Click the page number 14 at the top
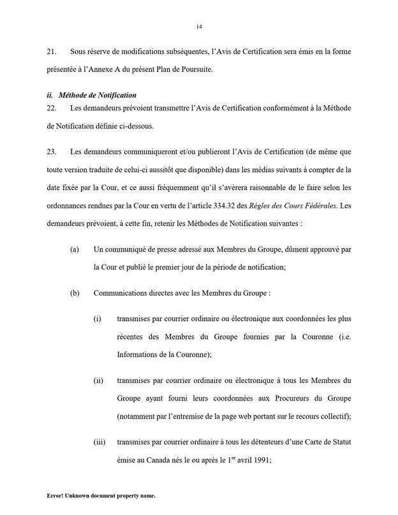(x=199, y=26)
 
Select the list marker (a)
(x=75, y=252)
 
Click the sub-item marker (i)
(x=98, y=319)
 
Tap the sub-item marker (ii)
(x=98, y=381)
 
